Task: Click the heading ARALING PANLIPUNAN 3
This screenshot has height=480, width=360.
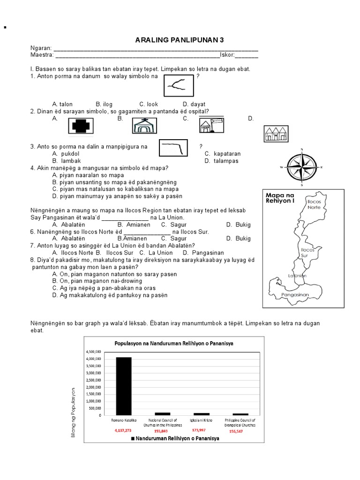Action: click(180, 40)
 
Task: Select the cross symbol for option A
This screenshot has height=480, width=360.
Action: click(81, 126)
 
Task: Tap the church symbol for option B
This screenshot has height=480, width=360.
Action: click(144, 126)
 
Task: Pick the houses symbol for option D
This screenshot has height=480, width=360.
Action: click(276, 134)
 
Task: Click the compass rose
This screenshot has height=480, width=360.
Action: click(301, 166)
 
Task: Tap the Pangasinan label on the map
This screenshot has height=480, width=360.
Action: click(295, 295)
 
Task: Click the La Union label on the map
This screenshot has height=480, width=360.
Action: click(297, 276)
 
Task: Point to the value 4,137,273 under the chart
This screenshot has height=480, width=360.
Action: click(123, 430)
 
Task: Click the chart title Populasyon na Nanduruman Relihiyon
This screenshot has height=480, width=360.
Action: click(174, 344)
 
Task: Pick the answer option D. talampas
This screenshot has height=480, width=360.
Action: click(221, 161)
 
